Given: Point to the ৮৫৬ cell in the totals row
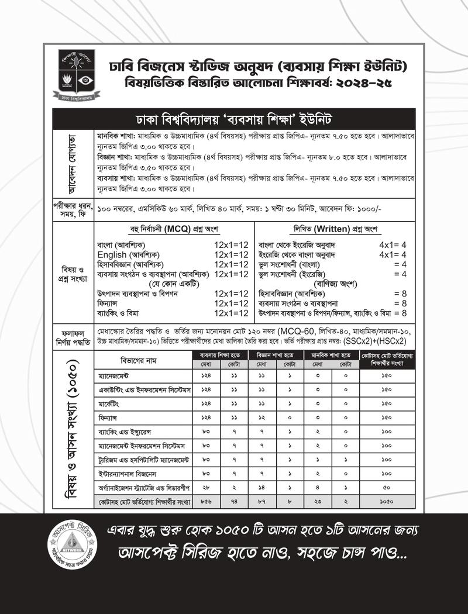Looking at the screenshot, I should coord(206,502).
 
